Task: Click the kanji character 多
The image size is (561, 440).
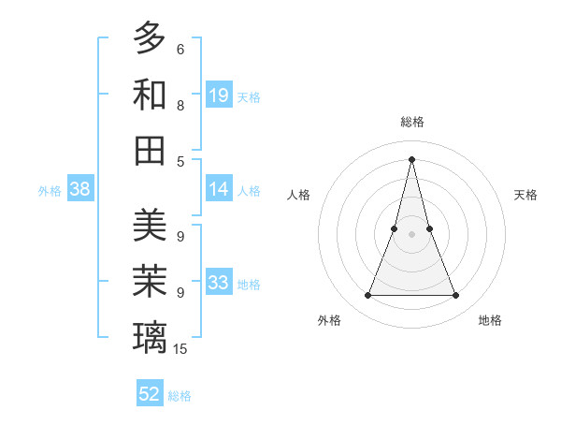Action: (x=150, y=38)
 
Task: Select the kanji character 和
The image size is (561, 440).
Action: (x=150, y=95)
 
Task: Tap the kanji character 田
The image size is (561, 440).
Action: (x=150, y=150)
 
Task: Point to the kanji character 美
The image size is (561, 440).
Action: (x=150, y=226)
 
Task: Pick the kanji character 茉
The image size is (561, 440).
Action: (x=150, y=281)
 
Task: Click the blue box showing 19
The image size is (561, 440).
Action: (x=219, y=95)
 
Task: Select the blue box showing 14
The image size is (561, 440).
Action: (x=219, y=189)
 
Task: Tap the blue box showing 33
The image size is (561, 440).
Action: (x=219, y=283)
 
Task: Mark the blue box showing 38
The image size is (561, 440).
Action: (x=79, y=189)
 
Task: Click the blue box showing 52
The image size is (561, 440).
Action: (x=150, y=394)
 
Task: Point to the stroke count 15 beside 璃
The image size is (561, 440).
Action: (x=180, y=349)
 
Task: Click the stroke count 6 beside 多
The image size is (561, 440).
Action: (x=180, y=50)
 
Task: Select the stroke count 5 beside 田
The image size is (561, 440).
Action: (x=180, y=161)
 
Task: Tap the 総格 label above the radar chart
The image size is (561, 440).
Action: (x=411, y=122)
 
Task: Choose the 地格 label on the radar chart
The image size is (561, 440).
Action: (x=490, y=320)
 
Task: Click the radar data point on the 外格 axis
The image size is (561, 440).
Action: (x=367, y=296)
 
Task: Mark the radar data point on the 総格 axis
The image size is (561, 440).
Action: (x=411, y=158)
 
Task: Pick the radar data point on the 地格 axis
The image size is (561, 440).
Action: (x=456, y=296)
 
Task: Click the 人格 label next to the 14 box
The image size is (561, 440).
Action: (x=249, y=190)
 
